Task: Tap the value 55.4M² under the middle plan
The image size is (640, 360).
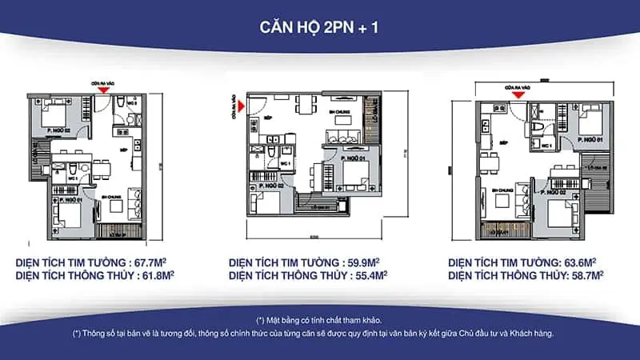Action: click(367, 275)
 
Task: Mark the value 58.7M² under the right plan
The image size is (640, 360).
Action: click(583, 275)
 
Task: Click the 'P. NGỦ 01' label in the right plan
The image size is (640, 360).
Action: click(590, 139)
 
